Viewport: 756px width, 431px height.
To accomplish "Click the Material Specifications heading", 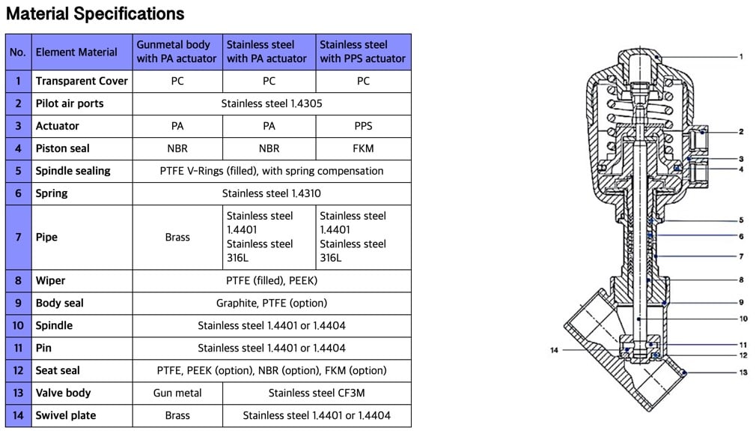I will [x=95, y=13].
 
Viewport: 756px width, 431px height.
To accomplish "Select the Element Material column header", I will [x=76, y=52].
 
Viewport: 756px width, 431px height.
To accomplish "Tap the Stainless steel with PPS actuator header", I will [x=363, y=52].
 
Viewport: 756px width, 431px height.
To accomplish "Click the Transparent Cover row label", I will [x=82, y=81].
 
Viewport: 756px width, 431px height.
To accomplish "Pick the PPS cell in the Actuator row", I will [x=363, y=126].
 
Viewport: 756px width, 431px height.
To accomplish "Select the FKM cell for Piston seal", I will [x=363, y=148].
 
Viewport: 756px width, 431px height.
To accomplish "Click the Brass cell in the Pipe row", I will [x=177, y=237].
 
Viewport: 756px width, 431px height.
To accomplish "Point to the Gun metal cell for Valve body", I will [x=177, y=393].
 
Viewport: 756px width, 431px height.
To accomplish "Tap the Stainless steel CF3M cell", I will [x=317, y=393].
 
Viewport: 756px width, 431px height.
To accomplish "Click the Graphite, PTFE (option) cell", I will [x=272, y=303].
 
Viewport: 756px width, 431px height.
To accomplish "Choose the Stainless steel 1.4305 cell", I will [x=272, y=103].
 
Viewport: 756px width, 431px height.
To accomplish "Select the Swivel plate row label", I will [x=66, y=415].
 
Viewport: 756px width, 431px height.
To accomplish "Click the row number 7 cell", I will [x=18, y=237].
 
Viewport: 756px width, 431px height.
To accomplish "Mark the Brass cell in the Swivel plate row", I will [x=177, y=415].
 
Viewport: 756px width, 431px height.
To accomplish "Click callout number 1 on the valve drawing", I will [x=740, y=56].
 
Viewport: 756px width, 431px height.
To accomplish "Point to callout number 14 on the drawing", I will [x=555, y=350].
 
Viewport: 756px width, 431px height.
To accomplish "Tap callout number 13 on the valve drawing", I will [x=743, y=373].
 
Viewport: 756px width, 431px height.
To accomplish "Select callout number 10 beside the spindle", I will [x=743, y=319].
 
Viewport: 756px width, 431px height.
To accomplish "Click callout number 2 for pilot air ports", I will [x=740, y=132].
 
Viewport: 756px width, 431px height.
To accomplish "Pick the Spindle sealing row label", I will [x=73, y=171].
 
